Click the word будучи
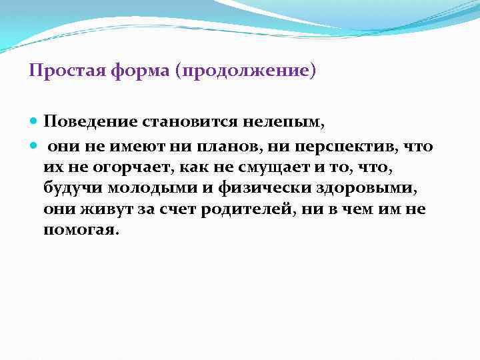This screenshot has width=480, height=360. (x=67, y=187)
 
